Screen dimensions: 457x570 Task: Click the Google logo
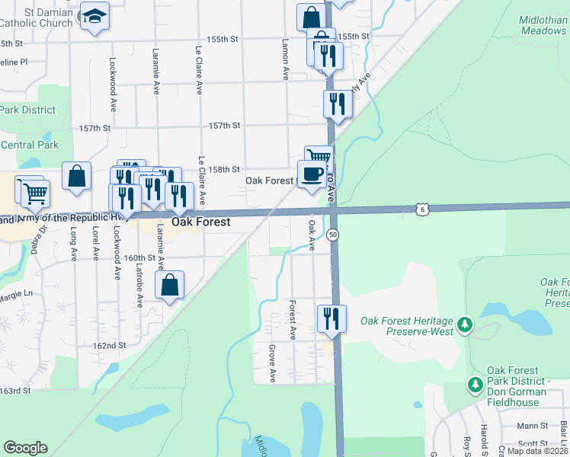(x=26, y=448)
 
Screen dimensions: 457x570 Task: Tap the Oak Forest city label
(x=201, y=222)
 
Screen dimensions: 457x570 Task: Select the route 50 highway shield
(x=333, y=235)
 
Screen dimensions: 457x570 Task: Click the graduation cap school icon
(x=94, y=16)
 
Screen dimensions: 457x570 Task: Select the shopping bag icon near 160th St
(x=170, y=286)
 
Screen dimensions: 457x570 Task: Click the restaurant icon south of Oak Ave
(x=331, y=318)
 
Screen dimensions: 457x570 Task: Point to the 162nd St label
(x=110, y=346)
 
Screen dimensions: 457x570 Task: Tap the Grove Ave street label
(x=272, y=363)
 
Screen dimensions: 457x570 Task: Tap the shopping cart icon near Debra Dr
(x=34, y=194)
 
